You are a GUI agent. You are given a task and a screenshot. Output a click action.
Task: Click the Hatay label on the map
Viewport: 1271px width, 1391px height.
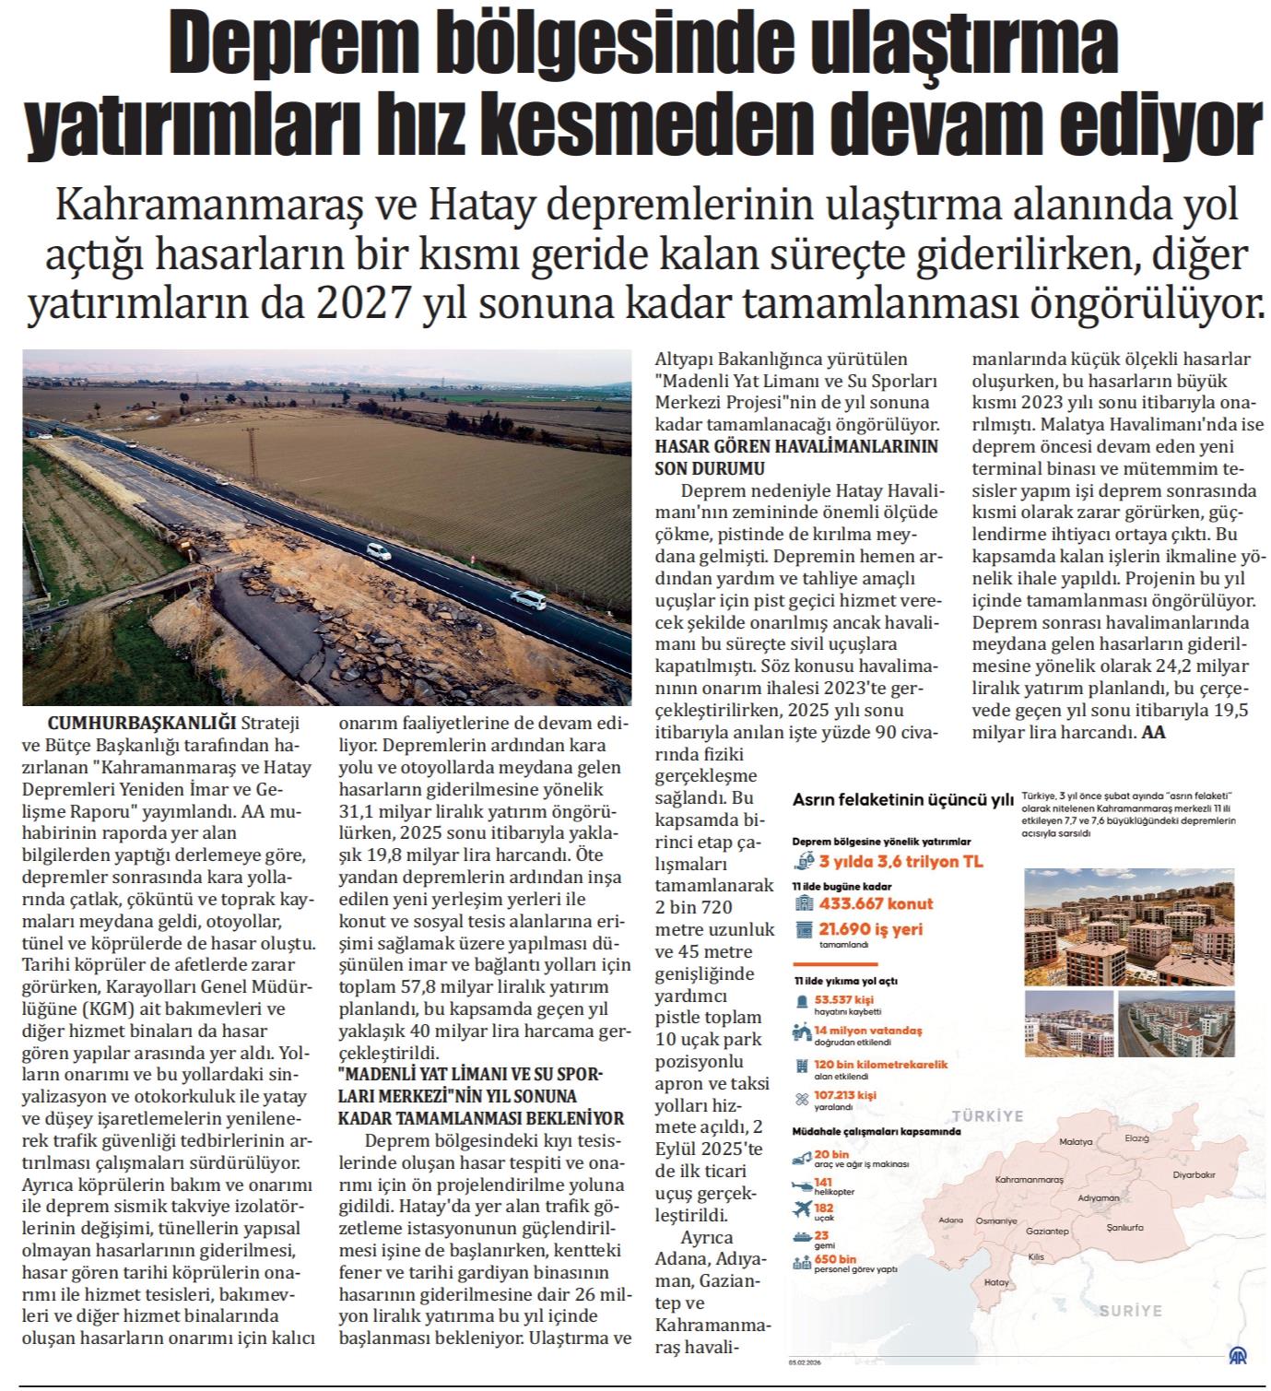[996, 1281]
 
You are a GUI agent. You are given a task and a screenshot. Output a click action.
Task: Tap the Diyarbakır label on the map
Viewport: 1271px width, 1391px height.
[1195, 1174]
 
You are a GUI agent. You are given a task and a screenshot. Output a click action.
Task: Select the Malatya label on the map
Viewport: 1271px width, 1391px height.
[1075, 1141]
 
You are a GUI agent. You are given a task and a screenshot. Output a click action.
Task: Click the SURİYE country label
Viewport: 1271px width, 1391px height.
[1130, 1310]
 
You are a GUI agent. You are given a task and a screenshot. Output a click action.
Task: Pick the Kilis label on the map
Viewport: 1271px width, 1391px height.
[1038, 1256]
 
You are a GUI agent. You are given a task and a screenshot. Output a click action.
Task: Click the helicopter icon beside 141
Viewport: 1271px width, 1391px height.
[801, 1187]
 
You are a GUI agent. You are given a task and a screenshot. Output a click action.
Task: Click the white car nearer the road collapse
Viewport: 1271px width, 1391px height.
[378, 551]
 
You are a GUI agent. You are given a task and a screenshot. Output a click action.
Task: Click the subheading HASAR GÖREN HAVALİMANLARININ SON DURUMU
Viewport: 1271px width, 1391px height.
[794, 456]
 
